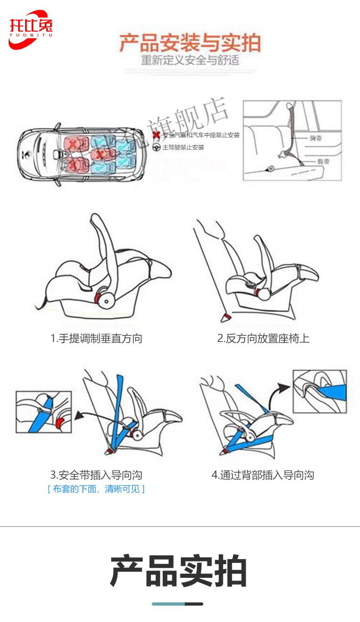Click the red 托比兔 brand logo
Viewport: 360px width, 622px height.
[30, 29]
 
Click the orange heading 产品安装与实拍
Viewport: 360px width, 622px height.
[190, 43]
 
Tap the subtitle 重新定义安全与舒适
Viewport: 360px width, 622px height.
[190, 60]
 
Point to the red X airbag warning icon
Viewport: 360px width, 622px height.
[156, 135]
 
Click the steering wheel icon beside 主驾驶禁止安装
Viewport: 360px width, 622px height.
[156, 147]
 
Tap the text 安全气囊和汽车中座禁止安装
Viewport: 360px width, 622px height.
[201, 135]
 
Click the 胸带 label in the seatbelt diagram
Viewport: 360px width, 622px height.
[315, 138]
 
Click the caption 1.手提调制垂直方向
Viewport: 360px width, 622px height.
[96, 338]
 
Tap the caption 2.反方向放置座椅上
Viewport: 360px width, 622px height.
[263, 338]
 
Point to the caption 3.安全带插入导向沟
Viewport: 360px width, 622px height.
[96, 475]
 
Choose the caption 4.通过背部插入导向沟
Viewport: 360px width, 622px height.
[263, 475]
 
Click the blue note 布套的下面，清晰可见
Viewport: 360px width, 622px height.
[96, 489]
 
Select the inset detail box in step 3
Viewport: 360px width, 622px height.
[44, 412]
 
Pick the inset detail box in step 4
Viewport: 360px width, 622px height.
[319, 391]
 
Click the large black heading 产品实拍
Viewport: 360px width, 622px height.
[179, 571]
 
